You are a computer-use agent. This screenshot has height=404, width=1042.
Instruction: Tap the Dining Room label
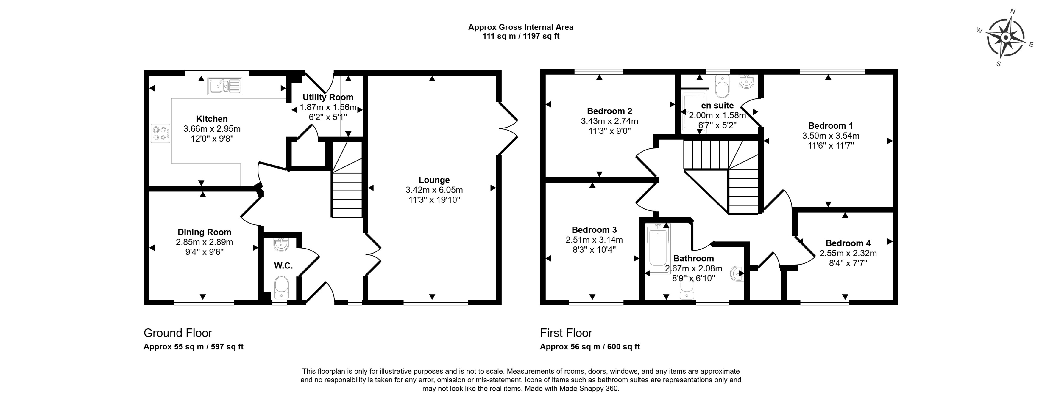click(x=204, y=232)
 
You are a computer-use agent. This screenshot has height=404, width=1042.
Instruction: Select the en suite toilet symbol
click(x=722, y=87)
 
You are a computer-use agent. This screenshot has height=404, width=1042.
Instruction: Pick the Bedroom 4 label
click(x=848, y=243)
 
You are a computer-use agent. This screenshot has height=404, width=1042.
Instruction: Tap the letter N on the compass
click(x=1013, y=23)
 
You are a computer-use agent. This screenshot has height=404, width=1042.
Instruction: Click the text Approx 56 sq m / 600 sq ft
click(x=590, y=347)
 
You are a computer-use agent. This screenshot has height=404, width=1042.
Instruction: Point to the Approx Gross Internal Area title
click(x=521, y=27)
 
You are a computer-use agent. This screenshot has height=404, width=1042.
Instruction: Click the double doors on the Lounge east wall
click(x=508, y=128)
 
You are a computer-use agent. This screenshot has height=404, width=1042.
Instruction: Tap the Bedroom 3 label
click(x=594, y=230)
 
